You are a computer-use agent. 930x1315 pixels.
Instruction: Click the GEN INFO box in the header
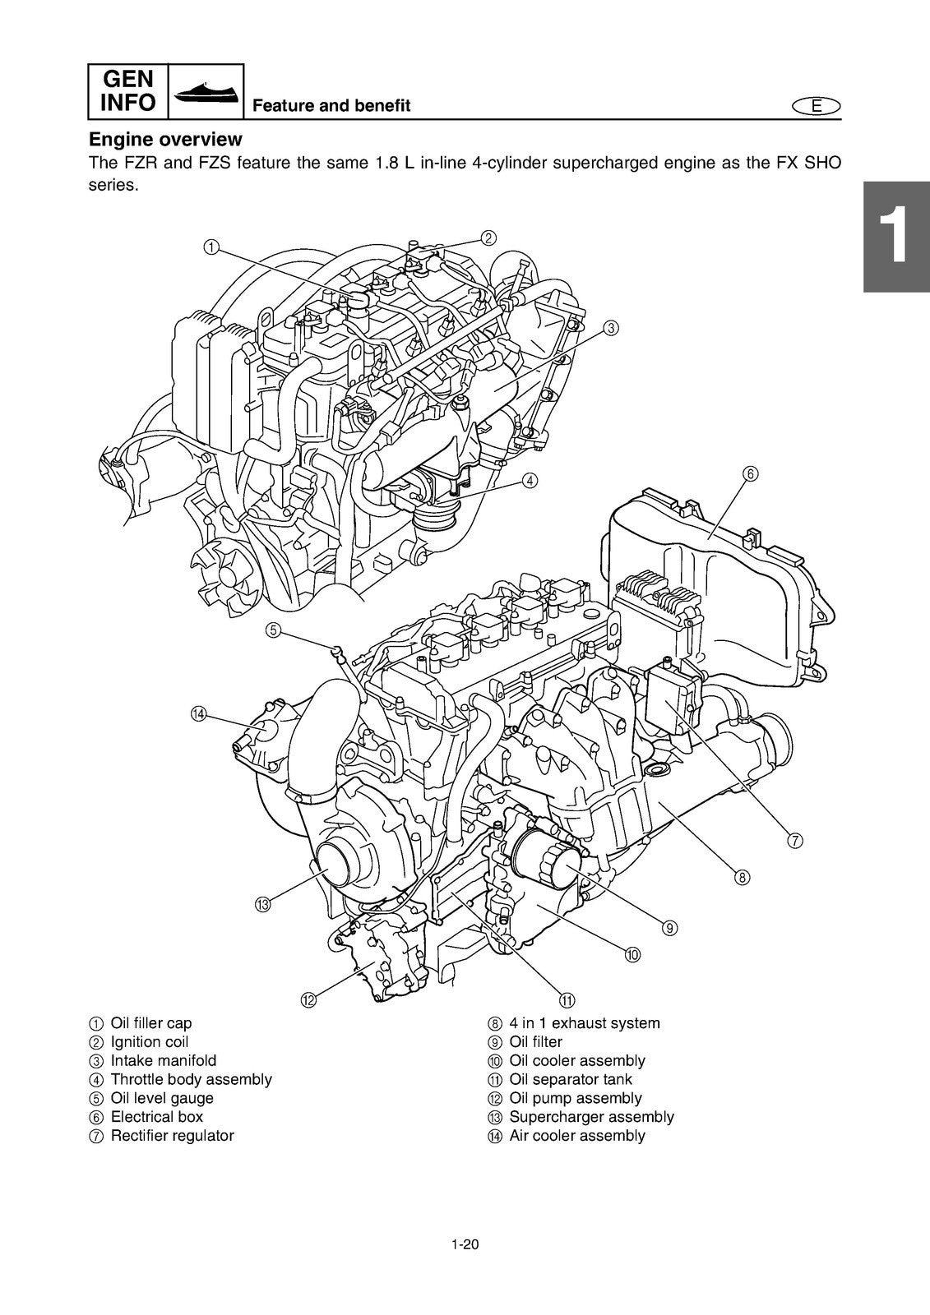coord(127,91)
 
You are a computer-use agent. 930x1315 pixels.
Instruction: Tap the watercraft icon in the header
coord(206,91)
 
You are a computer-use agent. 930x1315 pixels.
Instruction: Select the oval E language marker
coord(816,106)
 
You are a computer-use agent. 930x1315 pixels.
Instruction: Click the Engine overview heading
coord(165,139)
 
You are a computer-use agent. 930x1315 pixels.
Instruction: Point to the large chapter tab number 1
coord(895,238)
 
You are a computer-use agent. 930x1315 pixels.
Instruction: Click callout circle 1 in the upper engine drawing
coord(211,247)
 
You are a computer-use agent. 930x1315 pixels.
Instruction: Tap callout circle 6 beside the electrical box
coord(750,473)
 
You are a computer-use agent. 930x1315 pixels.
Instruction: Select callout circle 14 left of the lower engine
coord(198,713)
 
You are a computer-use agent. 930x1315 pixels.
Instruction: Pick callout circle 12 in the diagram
coord(308,1000)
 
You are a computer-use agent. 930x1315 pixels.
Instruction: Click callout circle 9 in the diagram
coord(669,927)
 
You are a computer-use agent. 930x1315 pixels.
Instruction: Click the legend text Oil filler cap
coord(150,1023)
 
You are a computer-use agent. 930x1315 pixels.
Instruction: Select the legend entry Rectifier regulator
coord(172,1136)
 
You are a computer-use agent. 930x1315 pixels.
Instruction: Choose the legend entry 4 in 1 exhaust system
coord(584,1023)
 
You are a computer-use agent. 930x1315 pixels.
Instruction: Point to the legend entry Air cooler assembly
coord(576,1136)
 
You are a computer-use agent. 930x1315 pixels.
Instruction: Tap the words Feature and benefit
coord(331,106)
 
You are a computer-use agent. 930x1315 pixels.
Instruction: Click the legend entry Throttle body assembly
coord(191,1079)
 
